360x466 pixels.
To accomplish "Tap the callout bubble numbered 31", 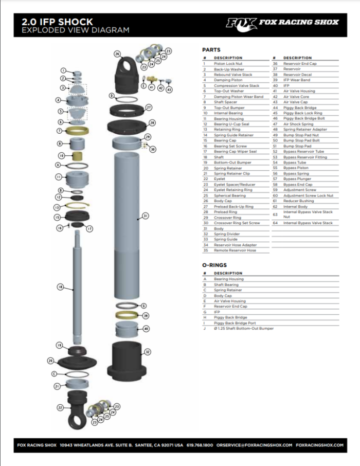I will pyautogui.click(x=146, y=216).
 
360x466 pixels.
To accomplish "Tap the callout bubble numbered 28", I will pyautogui.click(x=152, y=123).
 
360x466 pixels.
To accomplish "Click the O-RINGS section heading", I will pyautogui.click(x=214, y=265).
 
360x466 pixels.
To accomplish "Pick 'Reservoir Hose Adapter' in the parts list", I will pyautogui.click(x=235, y=245).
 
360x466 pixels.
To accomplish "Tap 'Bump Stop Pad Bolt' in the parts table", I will pyautogui.click(x=301, y=140).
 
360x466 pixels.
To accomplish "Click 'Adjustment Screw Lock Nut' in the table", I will pyautogui.click(x=308, y=195).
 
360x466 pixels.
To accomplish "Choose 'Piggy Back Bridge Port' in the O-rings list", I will pyautogui.click(x=235, y=323).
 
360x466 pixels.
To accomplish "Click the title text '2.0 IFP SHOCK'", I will pyautogui.click(x=57, y=22).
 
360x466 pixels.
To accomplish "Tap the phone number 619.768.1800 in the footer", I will pyautogui.click(x=200, y=445).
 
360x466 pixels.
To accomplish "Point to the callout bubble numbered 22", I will pyautogui.click(x=60, y=407).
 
